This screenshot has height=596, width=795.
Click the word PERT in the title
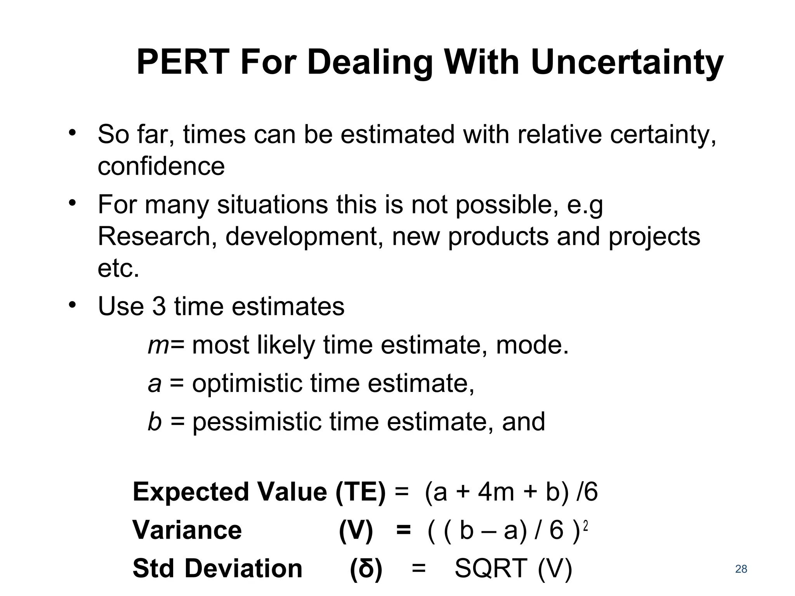point(182,63)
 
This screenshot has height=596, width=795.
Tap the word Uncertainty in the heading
point(627,63)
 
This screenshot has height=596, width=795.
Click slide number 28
point(741,569)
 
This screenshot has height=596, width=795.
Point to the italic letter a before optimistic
point(154,383)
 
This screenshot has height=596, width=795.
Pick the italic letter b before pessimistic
point(154,421)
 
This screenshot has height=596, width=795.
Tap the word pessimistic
point(257,421)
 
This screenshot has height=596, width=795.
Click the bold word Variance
point(187,530)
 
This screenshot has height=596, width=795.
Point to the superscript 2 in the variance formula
point(585,526)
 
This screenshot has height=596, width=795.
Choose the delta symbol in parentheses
point(366,569)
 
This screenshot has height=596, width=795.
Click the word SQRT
point(491,569)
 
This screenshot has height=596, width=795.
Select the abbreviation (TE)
point(361,492)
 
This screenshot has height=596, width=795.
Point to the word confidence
point(161,166)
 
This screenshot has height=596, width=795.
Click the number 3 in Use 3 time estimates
point(158,307)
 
